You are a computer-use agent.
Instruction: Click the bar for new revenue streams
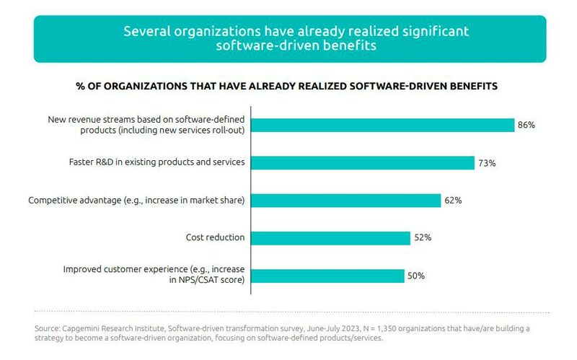pyautogui.click(x=382, y=125)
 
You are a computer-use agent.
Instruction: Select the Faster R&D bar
pyautogui.click(x=363, y=162)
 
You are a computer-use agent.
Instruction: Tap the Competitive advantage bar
pyautogui.click(x=345, y=200)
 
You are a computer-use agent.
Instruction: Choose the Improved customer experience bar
pyautogui.click(x=327, y=276)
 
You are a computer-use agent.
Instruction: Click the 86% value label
pyautogui.click(x=526, y=126)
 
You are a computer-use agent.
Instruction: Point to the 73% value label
pyautogui.click(x=486, y=163)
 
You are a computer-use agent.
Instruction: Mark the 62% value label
pyautogui.click(x=453, y=201)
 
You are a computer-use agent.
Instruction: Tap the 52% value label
pyautogui.click(x=422, y=238)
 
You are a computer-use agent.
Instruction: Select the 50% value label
pyautogui.click(x=416, y=276)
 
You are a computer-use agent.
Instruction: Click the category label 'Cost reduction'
pyautogui.click(x=216, y=237)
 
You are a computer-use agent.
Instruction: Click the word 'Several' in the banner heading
pyautogui.click(x=145, y=32)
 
